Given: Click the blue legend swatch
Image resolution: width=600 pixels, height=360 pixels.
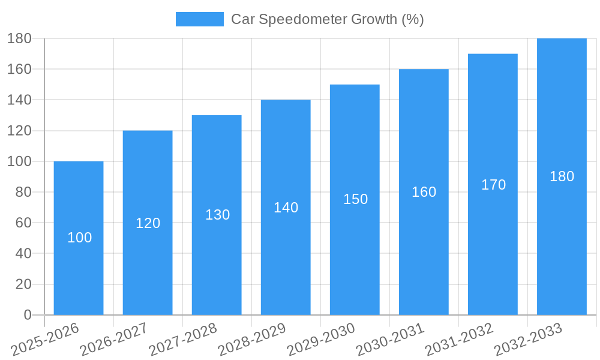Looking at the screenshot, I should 199,19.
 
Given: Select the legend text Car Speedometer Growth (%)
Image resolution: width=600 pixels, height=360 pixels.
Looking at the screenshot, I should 328,19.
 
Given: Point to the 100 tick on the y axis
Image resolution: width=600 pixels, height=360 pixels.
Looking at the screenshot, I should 20,161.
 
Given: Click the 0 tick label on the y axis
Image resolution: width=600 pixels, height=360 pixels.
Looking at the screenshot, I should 28,315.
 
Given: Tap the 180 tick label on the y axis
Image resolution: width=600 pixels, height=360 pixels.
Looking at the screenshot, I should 20,38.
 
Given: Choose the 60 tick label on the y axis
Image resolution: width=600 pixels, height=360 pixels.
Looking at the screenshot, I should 23,223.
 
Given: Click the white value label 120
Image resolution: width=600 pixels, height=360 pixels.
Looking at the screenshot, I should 148,223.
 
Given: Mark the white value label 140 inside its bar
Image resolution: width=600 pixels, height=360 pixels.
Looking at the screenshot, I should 286,208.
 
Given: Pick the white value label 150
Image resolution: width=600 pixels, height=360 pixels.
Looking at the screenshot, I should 355,199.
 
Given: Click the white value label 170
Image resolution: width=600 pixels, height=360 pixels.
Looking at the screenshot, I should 493,185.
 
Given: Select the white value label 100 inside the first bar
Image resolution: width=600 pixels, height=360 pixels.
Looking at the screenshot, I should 79,238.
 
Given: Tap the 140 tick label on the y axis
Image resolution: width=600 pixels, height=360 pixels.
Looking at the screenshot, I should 20,100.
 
